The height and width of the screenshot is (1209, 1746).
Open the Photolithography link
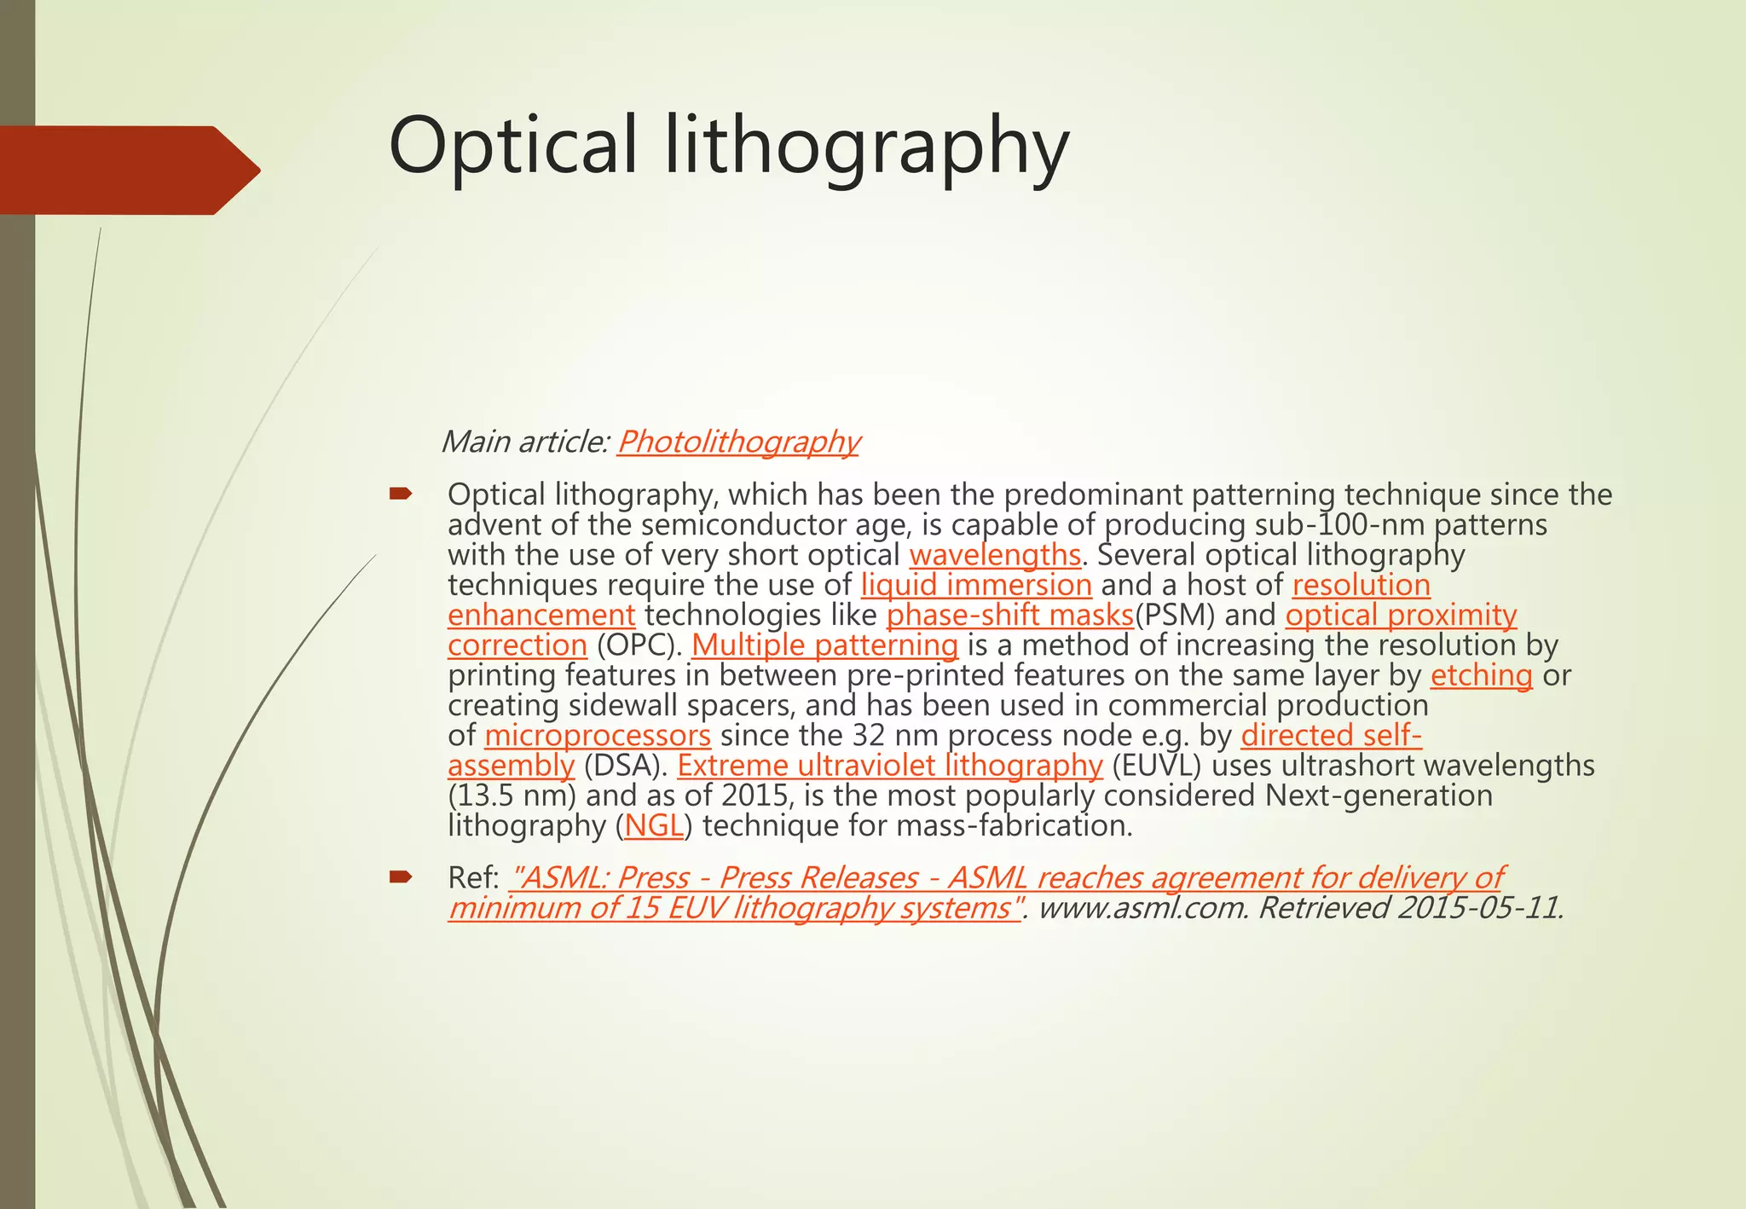click(738, 442)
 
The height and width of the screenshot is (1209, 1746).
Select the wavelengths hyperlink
click(995, 555)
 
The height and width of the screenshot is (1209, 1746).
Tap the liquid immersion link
click(976, 585)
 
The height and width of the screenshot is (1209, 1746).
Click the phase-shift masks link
click(1010, 615)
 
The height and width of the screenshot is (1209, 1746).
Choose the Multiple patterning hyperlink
click(824, 645)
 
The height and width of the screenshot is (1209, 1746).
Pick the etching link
click(1481, 675)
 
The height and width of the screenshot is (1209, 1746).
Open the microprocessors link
click(597, 735)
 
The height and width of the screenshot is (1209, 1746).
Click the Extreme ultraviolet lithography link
click(890, 766)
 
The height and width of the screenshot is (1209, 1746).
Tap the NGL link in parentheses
click(654, 825)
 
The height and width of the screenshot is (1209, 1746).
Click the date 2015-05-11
click(1480, 908)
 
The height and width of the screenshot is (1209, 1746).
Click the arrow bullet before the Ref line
click(401, 876)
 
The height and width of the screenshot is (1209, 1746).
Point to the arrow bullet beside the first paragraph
click(401, 493)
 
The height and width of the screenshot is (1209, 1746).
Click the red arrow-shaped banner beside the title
click(128, 171)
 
